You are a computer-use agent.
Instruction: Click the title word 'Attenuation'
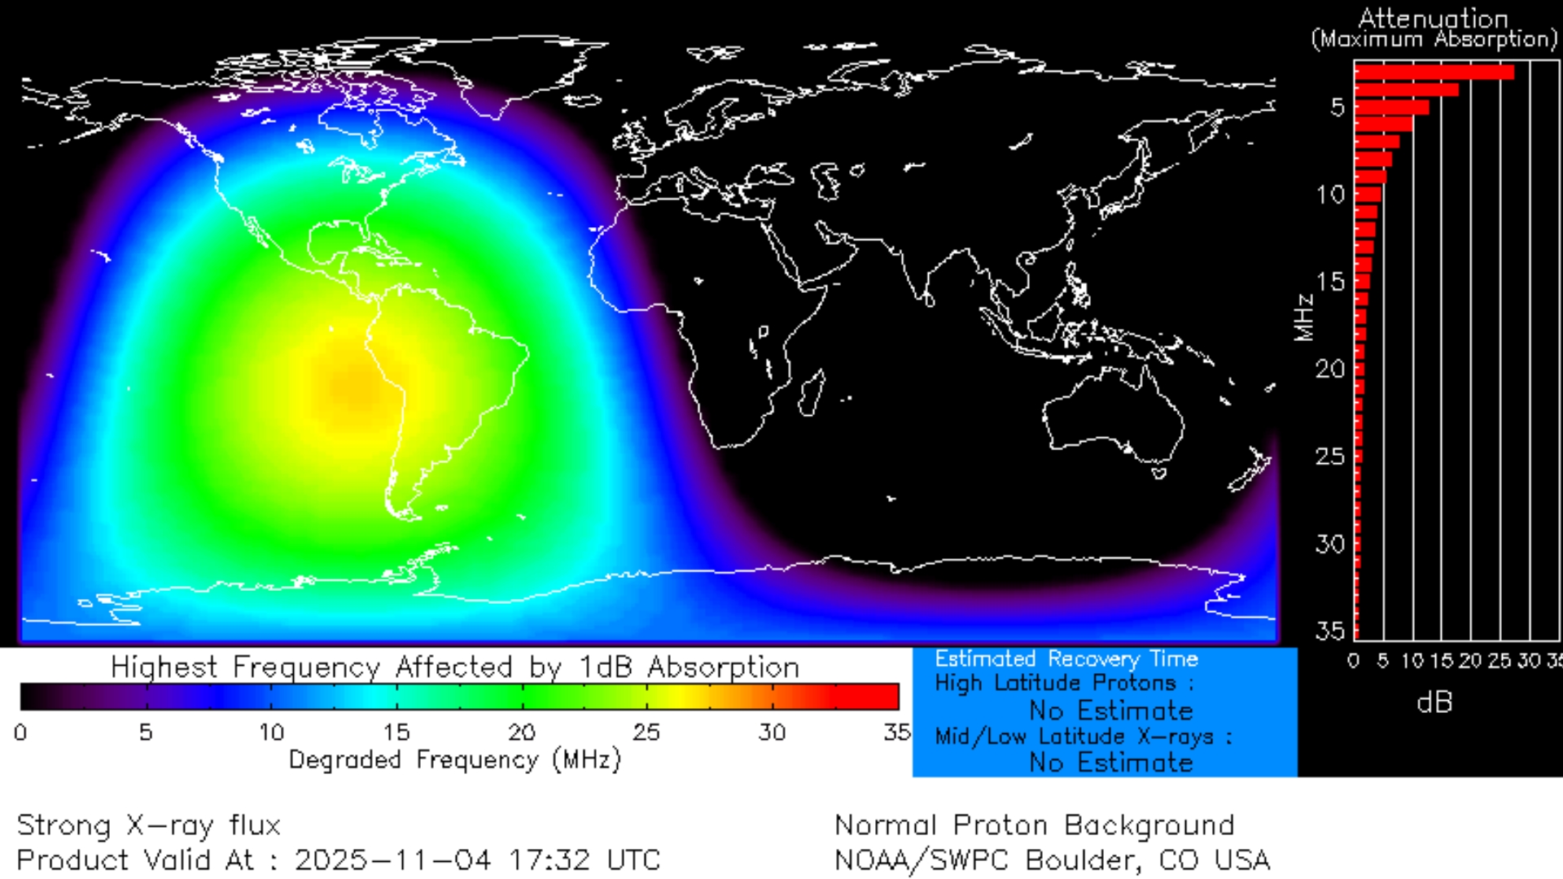[x=1433, y=18]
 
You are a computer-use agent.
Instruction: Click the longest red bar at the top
[x=1434, y=72]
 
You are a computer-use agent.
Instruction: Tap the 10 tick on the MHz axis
[x=1331, y=195]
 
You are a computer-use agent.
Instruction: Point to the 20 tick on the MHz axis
[x=1331, y=369]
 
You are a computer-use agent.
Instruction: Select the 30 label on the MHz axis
[x=1331, y=544]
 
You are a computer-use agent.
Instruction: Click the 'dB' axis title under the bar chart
[x=1434, y=702]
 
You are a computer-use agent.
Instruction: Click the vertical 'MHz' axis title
[x=1304, y=317]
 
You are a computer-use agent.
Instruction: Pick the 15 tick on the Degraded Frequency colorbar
[x=396, y=732]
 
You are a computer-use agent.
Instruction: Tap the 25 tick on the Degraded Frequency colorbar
[x=646, y=732]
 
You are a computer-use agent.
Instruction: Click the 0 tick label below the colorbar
[x=20, y=732]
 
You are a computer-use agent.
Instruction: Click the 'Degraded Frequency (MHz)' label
[x=454, y=760]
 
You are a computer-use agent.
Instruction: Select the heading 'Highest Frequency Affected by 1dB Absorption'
[x=454, y=667]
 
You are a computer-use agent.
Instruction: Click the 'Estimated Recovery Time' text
[x=1066, y=658]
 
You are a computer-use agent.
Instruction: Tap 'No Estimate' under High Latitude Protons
[x=1110, y=711]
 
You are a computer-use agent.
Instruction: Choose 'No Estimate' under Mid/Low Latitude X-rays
[x=1110, y=763]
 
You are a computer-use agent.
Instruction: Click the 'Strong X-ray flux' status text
[x=148, y=825]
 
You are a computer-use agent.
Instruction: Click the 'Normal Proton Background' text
[x=1034, y=825]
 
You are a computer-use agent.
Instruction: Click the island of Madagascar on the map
[x=811, y=392]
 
